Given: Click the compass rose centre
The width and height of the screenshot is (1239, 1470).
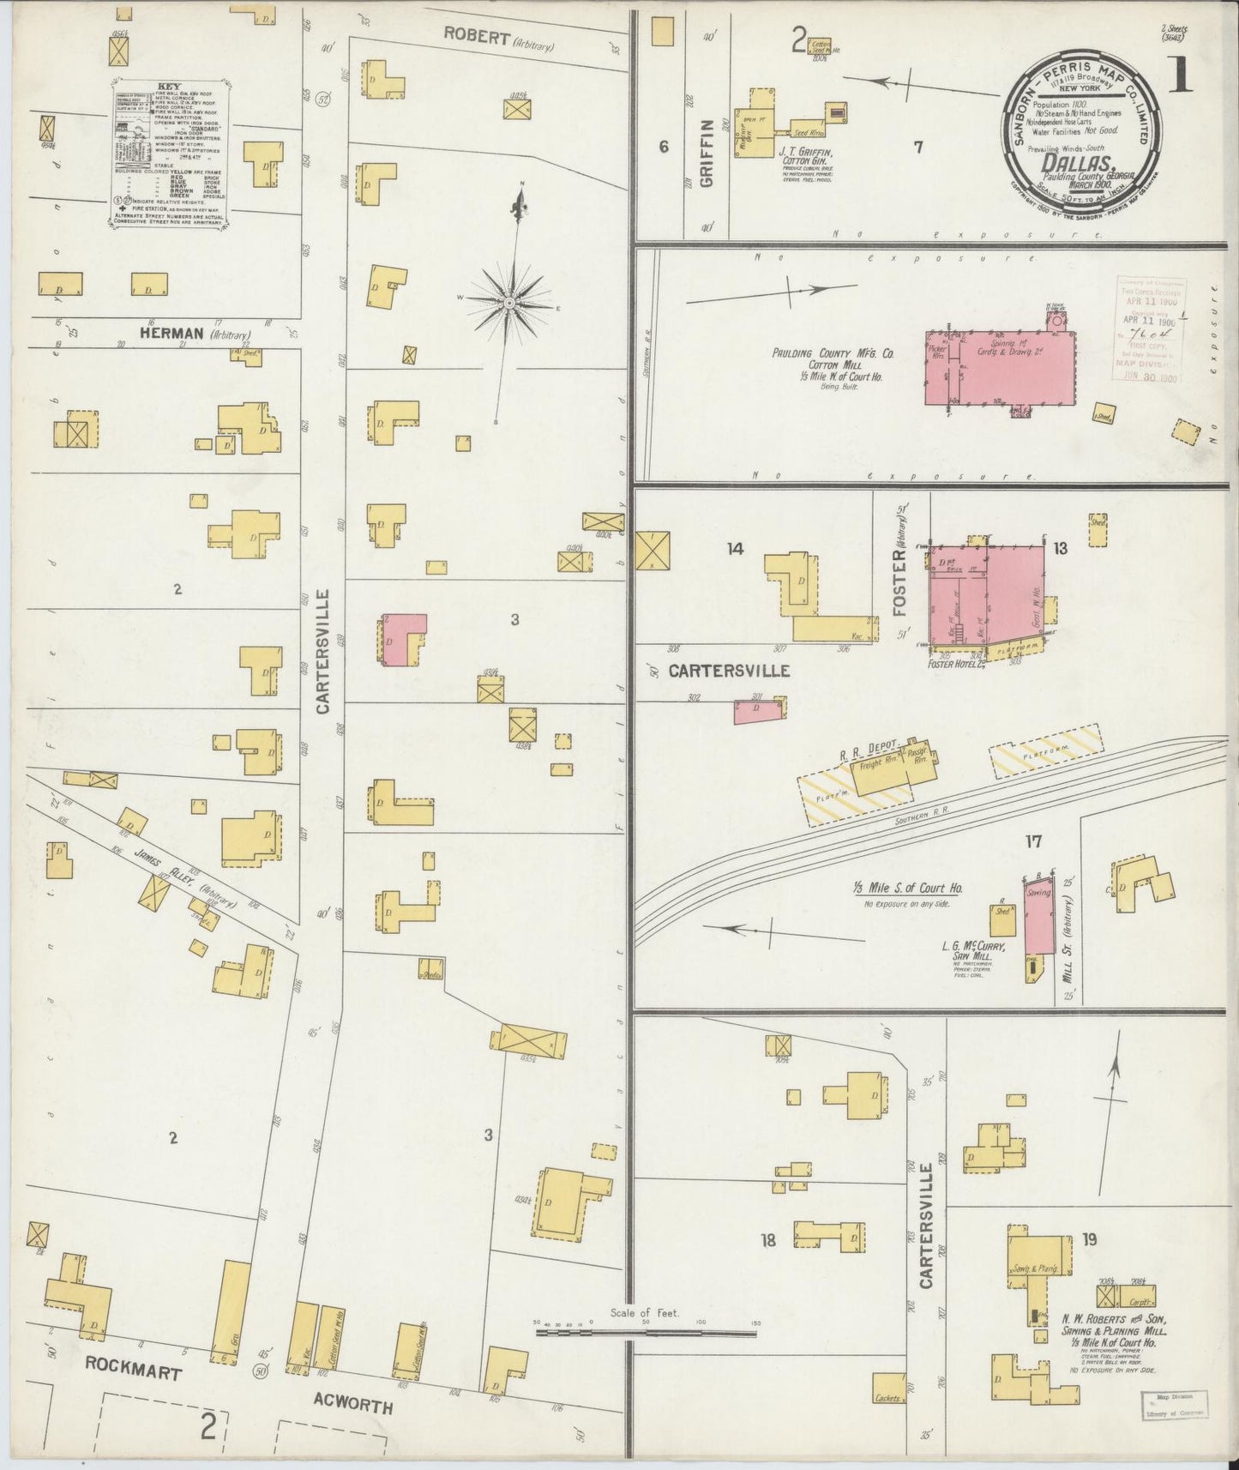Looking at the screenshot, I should tap(509, 304).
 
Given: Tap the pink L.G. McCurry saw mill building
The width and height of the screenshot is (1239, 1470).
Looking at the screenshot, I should tap(1038, 917).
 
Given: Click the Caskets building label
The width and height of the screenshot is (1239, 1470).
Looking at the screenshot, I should tap(888, 1399).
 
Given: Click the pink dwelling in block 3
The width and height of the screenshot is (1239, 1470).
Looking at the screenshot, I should tap(400, 638).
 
